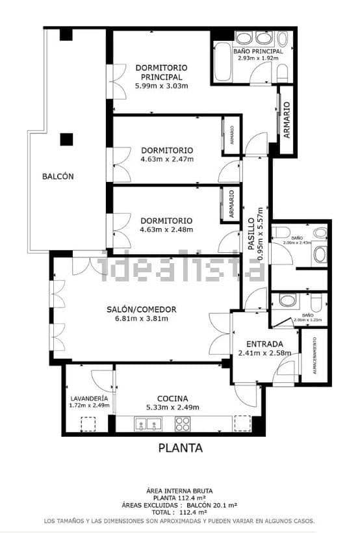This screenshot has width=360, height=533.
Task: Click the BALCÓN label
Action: (58, 176)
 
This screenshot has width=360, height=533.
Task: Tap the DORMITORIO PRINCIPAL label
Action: (161, 72)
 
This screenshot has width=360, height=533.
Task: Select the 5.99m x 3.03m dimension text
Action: (161, 86)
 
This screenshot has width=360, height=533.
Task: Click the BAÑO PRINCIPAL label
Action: (259, 51)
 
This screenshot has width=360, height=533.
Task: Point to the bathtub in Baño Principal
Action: (223, 62)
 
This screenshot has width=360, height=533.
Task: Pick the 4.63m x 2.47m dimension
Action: (166, 159)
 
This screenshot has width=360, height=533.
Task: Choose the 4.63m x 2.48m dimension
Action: (166, 229)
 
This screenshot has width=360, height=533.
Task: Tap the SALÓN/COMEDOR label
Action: (141, 309)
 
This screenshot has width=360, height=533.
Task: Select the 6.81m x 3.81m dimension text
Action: (141, 318)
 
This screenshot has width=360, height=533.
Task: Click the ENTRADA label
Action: (264, 344)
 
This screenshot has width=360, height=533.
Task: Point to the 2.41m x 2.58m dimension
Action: (264, 354)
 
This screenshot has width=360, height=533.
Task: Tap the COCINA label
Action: (173, 398)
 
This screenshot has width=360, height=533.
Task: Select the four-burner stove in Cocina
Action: (183, 424)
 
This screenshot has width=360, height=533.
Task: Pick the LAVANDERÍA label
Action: (88, 398)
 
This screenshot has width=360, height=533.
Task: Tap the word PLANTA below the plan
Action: (181, 448)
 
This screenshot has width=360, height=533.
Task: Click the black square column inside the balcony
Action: (66, 139)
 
